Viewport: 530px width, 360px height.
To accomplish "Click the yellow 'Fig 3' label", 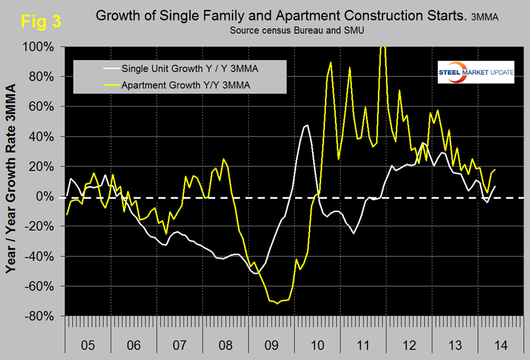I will [x=40, y=22].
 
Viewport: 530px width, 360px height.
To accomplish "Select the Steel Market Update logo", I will [x=475, y=73].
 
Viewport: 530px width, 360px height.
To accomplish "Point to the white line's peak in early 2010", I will [x=306, y=125].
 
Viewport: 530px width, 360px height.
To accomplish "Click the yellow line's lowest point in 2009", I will [x=278, y=303].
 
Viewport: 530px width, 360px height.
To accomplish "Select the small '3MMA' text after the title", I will [x=485, y=18].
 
